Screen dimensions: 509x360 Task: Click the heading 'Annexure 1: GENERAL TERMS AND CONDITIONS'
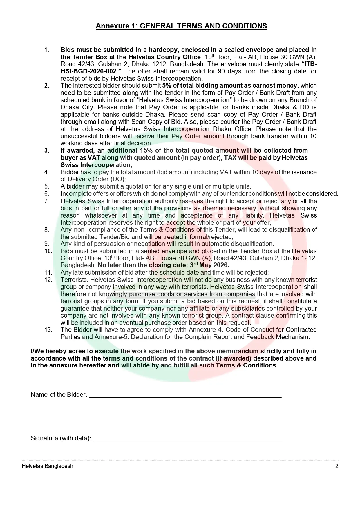[181, 26]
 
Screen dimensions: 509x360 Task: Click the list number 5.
[47, 186]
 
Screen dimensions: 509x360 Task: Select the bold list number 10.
[48, 251]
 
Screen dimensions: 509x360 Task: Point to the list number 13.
[48, 330]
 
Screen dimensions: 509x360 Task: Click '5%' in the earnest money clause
[167, 86]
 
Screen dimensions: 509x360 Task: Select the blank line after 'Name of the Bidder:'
[185, 395]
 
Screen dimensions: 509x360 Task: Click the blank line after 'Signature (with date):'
[188, 438]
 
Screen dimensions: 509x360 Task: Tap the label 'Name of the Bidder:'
[59, 395]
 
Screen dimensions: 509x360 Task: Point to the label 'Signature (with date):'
[61, 438]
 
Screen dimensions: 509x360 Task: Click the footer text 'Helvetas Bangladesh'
[47, 466]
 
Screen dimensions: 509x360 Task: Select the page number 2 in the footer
[337, 466]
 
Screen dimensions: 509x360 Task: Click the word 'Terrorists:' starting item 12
[75, 280]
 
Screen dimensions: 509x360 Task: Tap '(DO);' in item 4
[117, 179]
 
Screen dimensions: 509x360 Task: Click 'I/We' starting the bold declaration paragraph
[37, 352]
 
